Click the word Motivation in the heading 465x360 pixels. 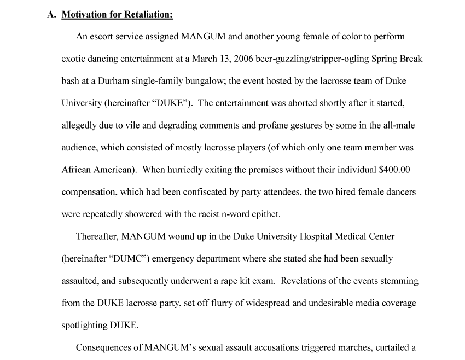pos(84,15)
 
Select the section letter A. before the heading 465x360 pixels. pos(51,15)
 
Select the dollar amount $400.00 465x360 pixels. pos(394,170)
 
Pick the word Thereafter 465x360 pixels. pos(97,236)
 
